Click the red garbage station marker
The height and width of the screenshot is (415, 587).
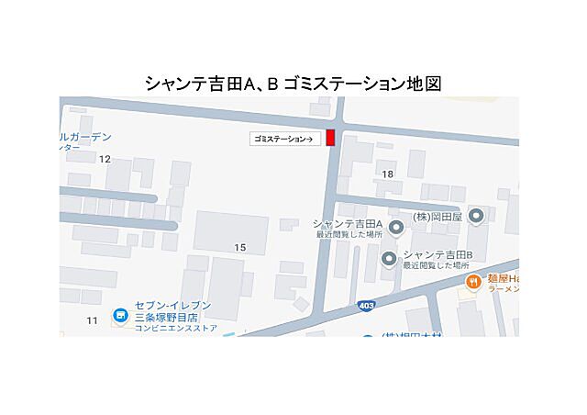(331, 138)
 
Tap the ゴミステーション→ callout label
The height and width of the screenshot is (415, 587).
(283, 139)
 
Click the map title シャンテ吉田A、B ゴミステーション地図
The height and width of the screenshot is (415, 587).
(293, 84)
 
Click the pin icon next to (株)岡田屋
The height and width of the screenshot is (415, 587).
(476, 217)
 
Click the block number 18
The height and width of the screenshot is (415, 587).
(388, 174)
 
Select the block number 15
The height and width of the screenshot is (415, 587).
(240, 247)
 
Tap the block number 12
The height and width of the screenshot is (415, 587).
(105, 159)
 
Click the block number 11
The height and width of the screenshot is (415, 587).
(92, 320)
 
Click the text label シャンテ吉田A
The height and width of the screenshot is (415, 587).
(348, 223)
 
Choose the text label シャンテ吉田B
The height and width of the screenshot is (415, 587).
(437, 255)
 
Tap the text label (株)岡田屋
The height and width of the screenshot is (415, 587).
(435, 217)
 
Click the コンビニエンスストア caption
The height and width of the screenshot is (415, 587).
(176, 328)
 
